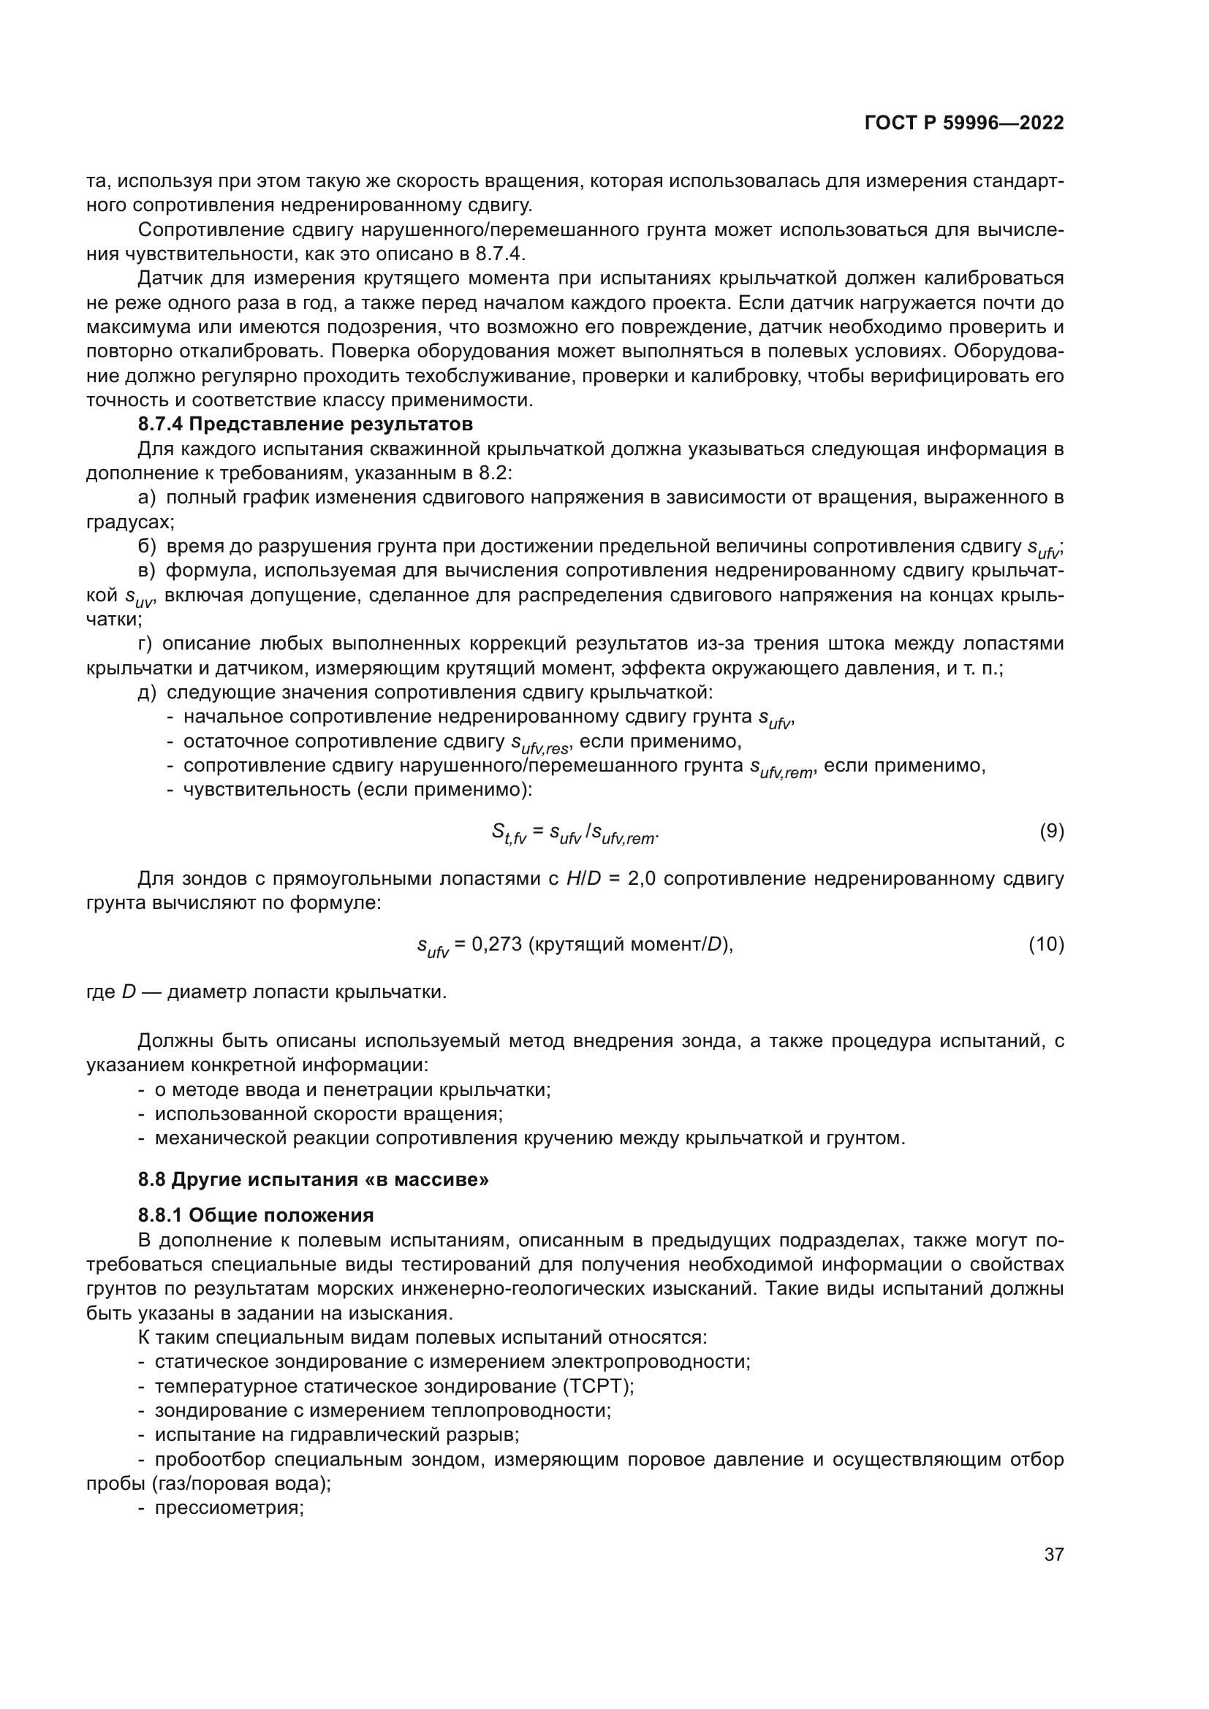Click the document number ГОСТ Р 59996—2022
[x=964, y=123]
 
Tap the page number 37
[x=1053, y=1554]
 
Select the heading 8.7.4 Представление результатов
[x=306, y=425]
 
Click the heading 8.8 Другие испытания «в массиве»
[x=314, y=1180]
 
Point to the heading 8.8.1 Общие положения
[x=255, y=1216]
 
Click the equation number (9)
[x=1051, y=831]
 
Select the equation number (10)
[x=1046, y=945]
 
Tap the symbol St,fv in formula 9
[x=509, y=834]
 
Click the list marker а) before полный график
[x=148, y=498]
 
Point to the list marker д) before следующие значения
[x=148, y=692]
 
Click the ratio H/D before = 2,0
[x=583, y=879]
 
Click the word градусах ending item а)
[x=128, y=522]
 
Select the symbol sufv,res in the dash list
[x=540, y=744]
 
